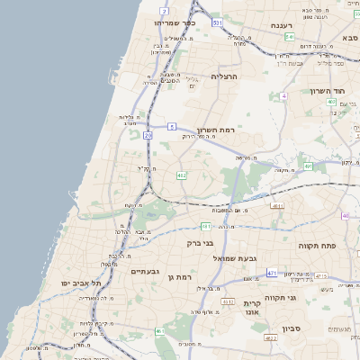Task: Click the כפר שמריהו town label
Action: coord(175,22)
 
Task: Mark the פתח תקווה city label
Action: coord(318,245)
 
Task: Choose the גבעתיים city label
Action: coord(145,271)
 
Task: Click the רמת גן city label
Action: coord(182,277)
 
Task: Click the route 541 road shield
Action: coord(289,37)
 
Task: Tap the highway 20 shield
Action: coord(148,134)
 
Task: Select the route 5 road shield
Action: coord(170,127)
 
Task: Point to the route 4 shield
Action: coord(283,94)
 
